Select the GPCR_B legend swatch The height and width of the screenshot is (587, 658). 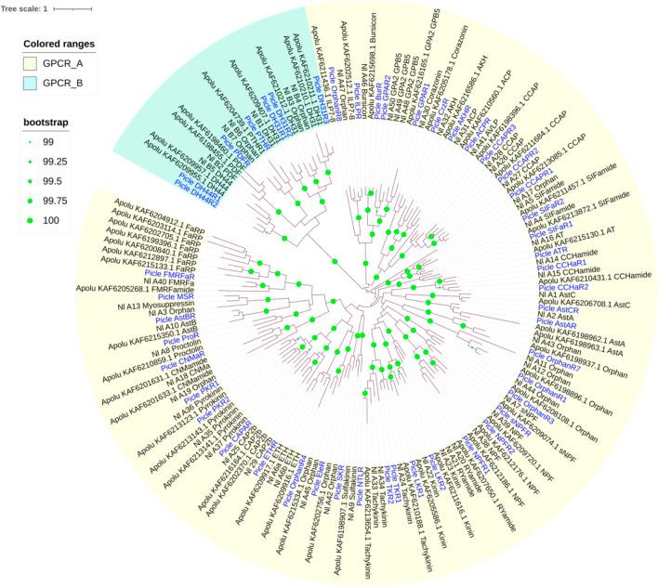point(33,82)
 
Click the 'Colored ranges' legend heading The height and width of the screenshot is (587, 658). point(59,44)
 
